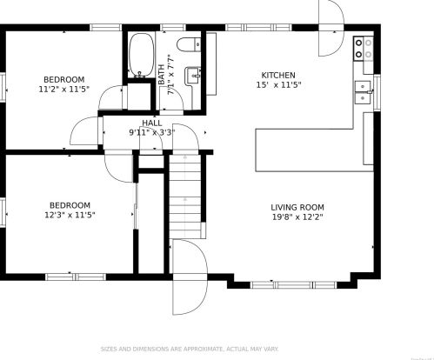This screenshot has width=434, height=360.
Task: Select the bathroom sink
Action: coord(196,77)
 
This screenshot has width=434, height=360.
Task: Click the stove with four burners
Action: coord(365,48)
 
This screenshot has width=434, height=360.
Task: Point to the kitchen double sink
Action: coord(363,87)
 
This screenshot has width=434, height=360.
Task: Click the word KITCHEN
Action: coord(278,76)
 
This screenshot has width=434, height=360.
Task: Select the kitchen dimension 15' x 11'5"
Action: coord(278,86)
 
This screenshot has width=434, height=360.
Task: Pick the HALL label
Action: coord(151,123)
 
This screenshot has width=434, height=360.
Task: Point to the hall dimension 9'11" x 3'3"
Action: coord(151,133)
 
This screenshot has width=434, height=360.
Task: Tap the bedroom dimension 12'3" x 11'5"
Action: coord(70,215)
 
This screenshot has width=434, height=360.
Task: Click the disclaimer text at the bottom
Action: coord(217,349)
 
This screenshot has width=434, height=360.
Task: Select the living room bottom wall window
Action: coord(291,283)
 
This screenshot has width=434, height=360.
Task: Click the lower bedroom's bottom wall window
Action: coord(70,277)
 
